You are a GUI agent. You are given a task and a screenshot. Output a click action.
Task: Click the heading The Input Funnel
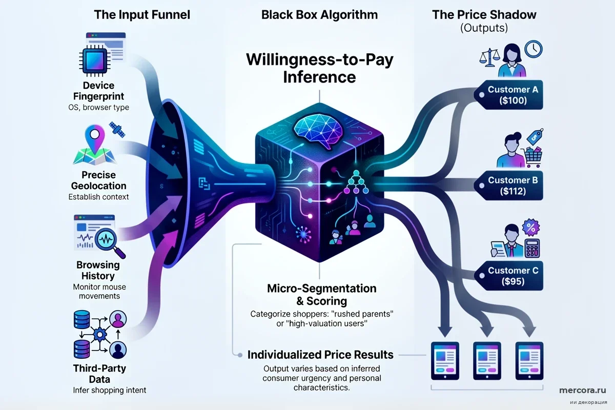coord(142,14)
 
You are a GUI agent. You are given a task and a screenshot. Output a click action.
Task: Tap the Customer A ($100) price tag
coord(512,95)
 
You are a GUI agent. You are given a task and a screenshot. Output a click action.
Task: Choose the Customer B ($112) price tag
coord(512,186)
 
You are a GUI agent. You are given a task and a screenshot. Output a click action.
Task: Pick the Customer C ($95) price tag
coord(512,276)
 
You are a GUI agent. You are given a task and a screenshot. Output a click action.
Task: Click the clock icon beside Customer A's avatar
coord(534,49)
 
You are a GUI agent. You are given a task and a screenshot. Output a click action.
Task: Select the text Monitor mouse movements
coord(99,292)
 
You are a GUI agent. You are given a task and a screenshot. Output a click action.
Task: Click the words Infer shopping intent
coord(109,390)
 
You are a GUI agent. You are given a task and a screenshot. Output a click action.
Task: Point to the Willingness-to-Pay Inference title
coord(319,69)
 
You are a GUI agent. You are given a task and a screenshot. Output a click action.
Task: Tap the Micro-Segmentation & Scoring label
coord(321,295)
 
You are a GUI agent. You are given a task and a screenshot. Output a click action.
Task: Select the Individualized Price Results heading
coord(320,354)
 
